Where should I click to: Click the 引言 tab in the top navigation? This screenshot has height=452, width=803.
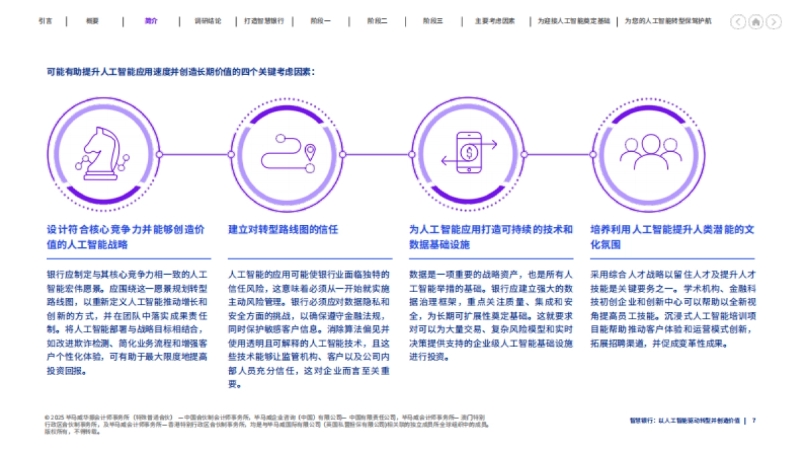click(x=46, y=21)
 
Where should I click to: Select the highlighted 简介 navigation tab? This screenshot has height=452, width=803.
click(x=151, y=21)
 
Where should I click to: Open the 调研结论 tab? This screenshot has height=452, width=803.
click(x=207, y=21)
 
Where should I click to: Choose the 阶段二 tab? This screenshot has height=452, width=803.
click(x=377, y=21)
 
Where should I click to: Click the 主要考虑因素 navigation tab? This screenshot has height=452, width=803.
click(x=495, y=21)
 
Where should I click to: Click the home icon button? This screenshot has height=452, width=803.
click(x=755, y=22)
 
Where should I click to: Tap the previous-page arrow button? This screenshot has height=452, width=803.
click(x=738, y=22)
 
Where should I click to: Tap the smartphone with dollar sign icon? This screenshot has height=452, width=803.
click(x=469, y=153)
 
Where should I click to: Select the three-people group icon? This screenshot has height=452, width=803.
click(x=650, y=153)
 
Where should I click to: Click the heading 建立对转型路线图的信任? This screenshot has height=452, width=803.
click(x=284, y=230)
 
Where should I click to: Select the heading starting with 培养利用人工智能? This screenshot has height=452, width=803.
click(x=672, y=237)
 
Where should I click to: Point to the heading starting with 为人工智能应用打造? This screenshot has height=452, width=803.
click(x=491, y=237)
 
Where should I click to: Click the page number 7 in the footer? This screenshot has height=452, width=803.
click(x=754, y=421)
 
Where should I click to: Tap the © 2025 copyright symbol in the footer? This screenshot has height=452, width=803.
click(x=46, y=416)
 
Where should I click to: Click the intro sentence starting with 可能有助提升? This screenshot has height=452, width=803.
click(x=181, y=71)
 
